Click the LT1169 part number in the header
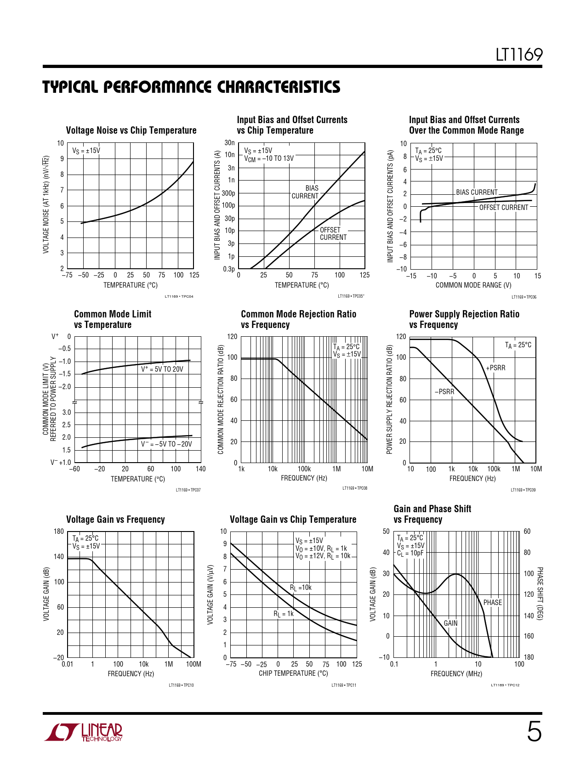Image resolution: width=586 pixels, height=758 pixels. click(519, 55)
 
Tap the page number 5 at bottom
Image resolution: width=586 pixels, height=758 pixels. click(534, 732)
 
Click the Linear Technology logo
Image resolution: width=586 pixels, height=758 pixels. click(84, 732)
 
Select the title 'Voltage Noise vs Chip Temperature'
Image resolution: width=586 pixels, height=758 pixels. click(131, 130)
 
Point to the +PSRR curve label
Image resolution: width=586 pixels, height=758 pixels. click(495, 368)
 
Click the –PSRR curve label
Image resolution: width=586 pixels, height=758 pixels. click(444, 392)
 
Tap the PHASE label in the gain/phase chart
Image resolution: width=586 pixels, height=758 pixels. click(492, 603)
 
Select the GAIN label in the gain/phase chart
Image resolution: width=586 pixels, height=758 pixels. click(450, 623)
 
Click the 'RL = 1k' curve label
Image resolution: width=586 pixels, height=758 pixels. click(284, 614)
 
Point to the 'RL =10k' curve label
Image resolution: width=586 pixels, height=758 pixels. click(301, 588)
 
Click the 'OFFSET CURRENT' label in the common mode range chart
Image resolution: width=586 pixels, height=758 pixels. click(504, 208)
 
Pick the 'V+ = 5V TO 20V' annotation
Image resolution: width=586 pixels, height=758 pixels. click(162, 369)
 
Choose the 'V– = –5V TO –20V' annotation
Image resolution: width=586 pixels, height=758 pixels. click(166, 444)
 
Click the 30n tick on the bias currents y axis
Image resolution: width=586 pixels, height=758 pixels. click(229, 143)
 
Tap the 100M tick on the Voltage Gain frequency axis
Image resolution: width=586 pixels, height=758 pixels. click(193, 664)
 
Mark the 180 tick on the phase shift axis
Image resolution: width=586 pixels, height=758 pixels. click(529, 657)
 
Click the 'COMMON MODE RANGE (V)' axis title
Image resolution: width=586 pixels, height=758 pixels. click(473, 285)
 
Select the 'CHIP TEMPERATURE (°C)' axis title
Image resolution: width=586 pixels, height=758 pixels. click(293, 673)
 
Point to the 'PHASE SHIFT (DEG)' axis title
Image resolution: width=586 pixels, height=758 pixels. click(540, 594)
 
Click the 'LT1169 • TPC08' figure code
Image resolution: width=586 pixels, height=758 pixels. click(354, 488)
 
